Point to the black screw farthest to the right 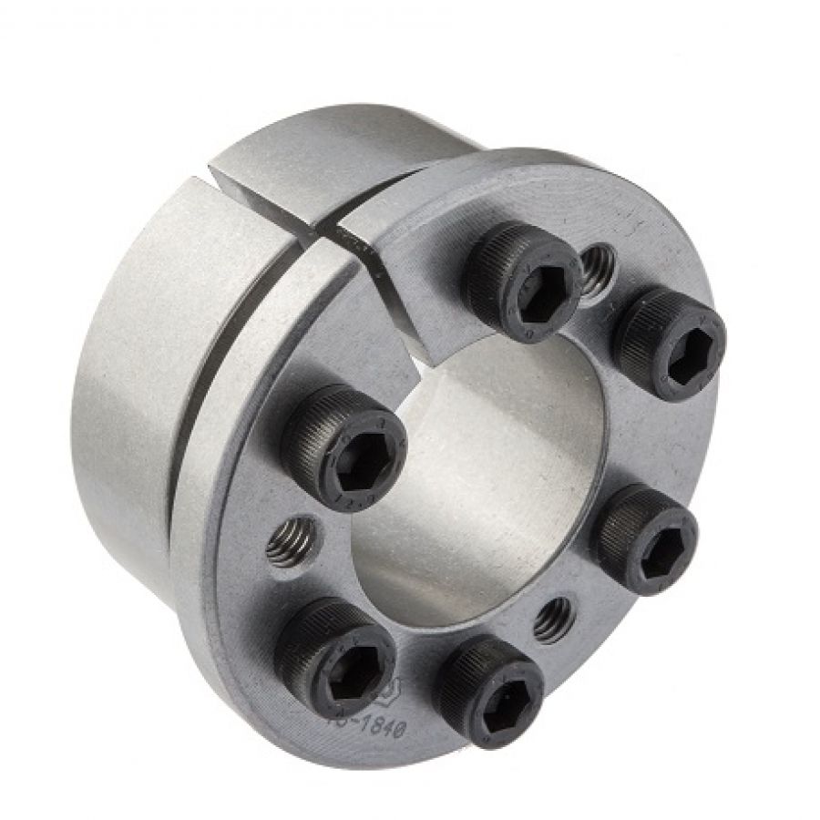click(670, 344)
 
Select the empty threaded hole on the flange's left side click(292, 541)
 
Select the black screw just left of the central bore click(344, 446)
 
